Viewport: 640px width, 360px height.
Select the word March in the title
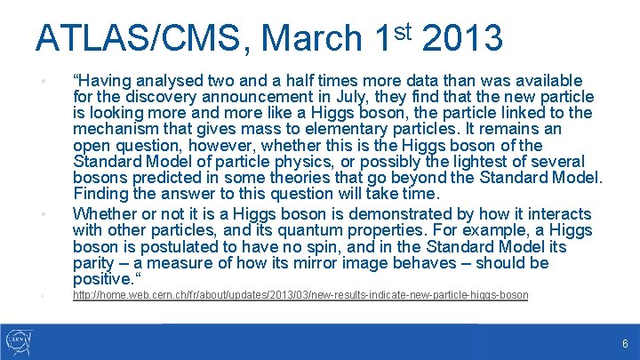tap(311, 38)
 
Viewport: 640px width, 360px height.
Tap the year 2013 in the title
tap(462, 38)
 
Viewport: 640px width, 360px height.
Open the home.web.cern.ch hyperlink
tap(300, 295)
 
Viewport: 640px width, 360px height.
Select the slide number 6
tap(625, 343)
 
